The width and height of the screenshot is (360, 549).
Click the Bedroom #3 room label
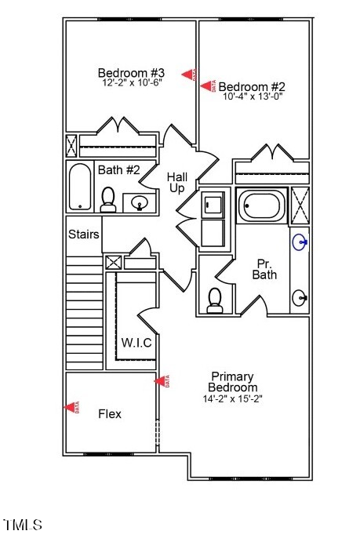point(131,70)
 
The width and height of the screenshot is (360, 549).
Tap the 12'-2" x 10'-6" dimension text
point(131,82)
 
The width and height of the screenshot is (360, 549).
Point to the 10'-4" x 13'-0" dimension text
point(253,97)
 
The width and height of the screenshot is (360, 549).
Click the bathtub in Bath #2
point(81,187)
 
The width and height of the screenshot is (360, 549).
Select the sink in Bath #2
point(140,204)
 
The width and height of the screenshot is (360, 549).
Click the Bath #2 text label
point(118,169)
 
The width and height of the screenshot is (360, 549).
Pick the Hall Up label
point(176,183)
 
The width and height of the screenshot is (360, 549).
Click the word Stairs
point(83,235)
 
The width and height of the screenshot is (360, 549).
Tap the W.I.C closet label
point(136,343)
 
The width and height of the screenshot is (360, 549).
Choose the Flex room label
point(110,413)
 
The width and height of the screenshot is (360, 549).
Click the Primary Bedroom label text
point(232,382)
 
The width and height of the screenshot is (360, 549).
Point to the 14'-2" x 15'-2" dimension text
point(232,398)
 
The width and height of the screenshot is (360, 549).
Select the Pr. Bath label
point(264,269)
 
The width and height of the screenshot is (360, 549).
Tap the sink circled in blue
point(300,242)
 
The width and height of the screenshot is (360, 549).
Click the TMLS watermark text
point(23,524)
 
